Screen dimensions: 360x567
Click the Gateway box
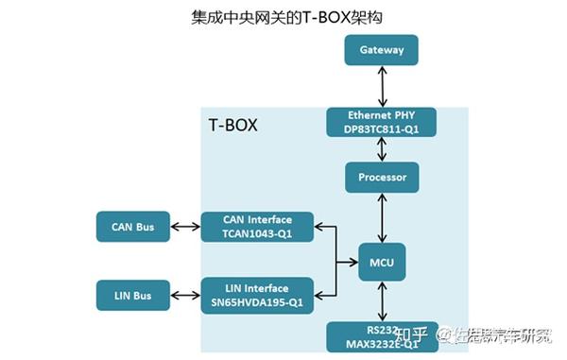[382, 50]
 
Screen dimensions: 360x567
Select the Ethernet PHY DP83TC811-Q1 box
[382, 122]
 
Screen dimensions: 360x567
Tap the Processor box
[382, 178]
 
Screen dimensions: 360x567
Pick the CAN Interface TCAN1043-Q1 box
[257, 227]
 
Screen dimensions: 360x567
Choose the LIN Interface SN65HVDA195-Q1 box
[257, 295]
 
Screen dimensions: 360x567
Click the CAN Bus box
[132, 227]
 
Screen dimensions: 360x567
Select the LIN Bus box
[132, 296]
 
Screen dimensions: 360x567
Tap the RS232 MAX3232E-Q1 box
[382, 334]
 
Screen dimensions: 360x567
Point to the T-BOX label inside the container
[232, 125]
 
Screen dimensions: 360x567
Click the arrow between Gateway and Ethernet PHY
[382, 86]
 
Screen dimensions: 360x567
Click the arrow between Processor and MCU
[382, 217]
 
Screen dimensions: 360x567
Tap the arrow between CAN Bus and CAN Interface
[184, 227]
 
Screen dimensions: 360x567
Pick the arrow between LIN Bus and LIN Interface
[184, 296]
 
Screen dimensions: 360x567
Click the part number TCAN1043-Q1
[257, 233]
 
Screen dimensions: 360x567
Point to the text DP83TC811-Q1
[382, 129]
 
